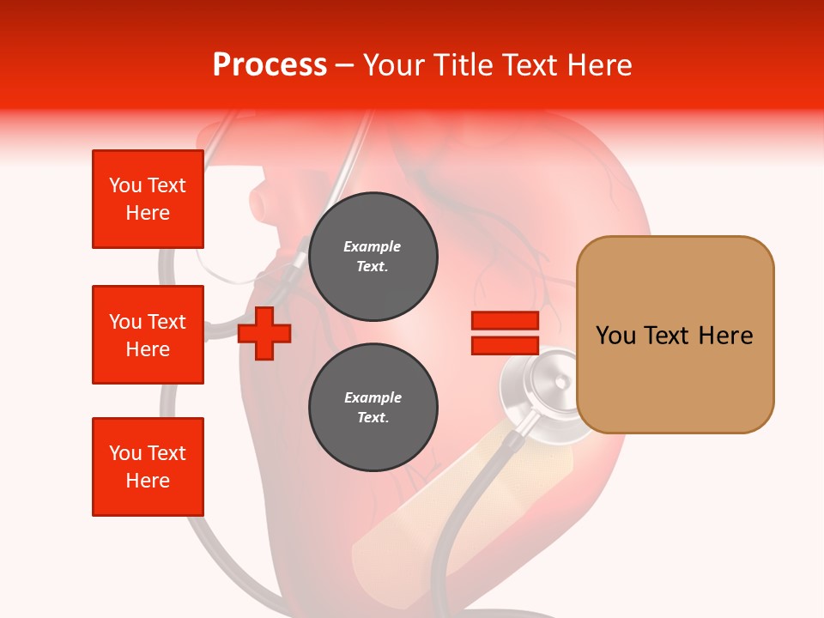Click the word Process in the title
click(x=270, y=65)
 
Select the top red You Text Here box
click(x=148, y=199)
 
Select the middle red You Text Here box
click(x=148, y=335)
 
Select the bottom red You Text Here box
click(x=148, y=467)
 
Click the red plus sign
click(x=264, y=333)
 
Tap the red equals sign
click(x=505, y=333)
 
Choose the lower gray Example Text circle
click(x=373, y=408)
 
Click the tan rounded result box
click(x=675, y=335)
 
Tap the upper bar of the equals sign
click(x=505, y=321)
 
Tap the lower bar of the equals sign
click(x=505, y=345)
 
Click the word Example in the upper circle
click(x=373, y=246)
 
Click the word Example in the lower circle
click(x=373, y=397)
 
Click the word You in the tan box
click(x=616, y=336)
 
